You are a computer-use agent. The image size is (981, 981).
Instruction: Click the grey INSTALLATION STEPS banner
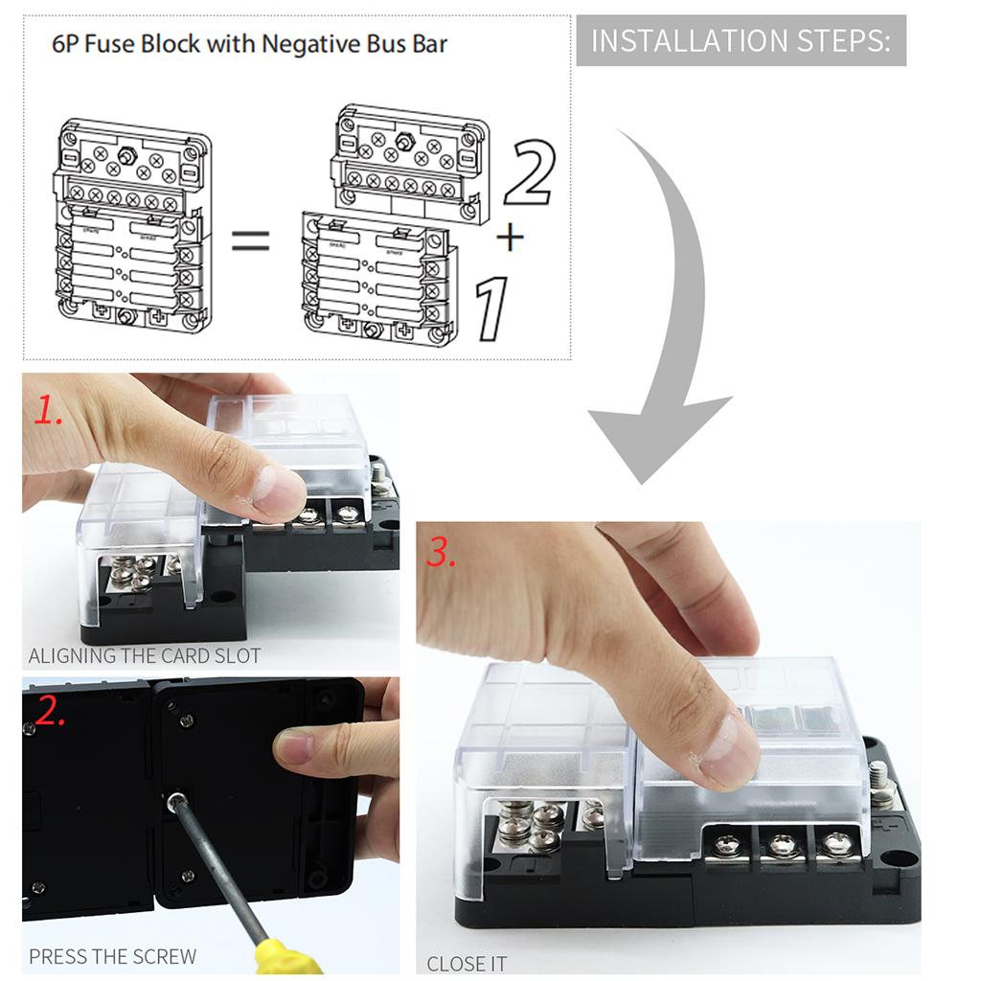coord(741,40)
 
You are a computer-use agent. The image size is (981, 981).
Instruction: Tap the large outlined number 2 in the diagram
coord(530,172)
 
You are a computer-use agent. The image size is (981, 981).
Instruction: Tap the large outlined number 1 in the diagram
coord(491,309)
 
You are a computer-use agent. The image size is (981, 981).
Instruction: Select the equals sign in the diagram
coord(250,240)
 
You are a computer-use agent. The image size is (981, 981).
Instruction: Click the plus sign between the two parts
coord(510,238)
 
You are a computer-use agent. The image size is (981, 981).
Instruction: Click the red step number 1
coord(48,411)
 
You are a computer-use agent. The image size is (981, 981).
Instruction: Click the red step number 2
coord(50,710)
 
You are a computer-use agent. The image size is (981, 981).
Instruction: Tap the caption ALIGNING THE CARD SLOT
coord(145,655)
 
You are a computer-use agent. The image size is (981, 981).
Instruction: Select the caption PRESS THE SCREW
coord(113,957)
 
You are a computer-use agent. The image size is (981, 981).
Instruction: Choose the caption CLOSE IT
coord(467,964)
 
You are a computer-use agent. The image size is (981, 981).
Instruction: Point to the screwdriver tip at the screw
coord(177,800)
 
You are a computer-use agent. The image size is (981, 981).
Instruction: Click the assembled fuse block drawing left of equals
coord(132,225)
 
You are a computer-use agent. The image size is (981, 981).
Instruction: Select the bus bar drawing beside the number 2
coord(410,164)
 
